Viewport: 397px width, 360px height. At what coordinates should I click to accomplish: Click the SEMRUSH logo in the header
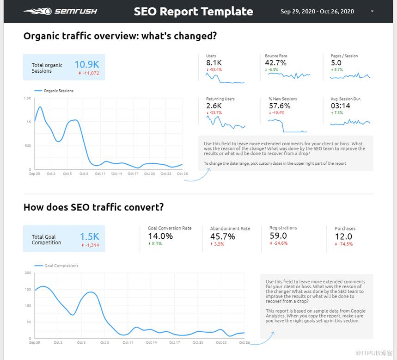pos(60,11)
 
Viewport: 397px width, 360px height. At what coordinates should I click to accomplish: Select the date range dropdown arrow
pos(373,11)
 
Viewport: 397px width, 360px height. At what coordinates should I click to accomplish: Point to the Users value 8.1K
pos(214,62)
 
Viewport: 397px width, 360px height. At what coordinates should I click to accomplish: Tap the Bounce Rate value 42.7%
pos(275,62)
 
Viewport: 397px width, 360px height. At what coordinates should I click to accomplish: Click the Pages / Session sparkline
pos(350,76)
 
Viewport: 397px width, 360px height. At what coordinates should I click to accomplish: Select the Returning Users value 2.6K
pos(214,106)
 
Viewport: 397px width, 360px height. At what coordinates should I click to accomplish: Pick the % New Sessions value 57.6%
pos(279,106)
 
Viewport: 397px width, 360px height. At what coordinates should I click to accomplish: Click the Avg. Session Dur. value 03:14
pos(340,106)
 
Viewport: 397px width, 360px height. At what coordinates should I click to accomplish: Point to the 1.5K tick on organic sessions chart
pos(28,98)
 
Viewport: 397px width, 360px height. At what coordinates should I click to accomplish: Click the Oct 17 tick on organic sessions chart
pos(133,174)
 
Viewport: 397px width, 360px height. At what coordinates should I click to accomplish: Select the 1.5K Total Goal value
pos(89,236)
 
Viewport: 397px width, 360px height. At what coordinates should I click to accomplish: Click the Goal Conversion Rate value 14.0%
pos(160,236)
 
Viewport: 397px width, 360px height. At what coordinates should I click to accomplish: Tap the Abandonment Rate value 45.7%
pos(222,236)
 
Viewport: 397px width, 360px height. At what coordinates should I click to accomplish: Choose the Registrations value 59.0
pos(279,236)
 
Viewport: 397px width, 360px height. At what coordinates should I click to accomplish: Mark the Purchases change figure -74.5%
pos(345,244)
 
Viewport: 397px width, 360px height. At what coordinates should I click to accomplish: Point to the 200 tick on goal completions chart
pos(28,273)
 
